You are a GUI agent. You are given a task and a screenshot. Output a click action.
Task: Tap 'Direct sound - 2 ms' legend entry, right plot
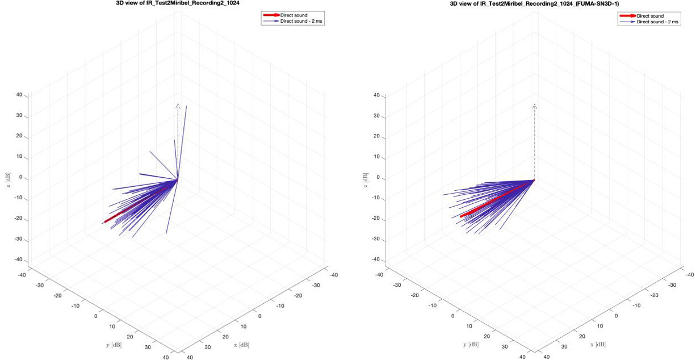tap(658, 22)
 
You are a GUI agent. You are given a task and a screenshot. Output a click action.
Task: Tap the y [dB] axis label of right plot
tap(471, 345)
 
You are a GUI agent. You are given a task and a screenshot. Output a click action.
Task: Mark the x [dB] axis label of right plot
tap(599, 345)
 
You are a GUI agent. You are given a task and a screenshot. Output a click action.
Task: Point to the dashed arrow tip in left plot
tap(178, 105)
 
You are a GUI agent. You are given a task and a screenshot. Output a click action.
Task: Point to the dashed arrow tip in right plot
tap(534, 106)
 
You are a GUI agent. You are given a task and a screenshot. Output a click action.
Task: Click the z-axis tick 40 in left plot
tap(19, 95)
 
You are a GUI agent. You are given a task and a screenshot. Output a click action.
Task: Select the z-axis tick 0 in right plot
tap(376, 178)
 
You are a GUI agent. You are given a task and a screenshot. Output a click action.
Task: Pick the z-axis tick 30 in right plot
tap(375, 116)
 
